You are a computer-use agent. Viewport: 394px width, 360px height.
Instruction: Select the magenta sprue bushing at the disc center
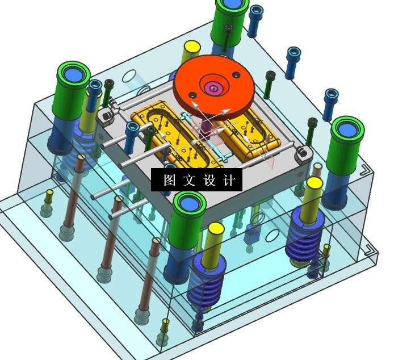pos(213,89)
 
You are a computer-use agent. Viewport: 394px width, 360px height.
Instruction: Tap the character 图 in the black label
pos(170,180)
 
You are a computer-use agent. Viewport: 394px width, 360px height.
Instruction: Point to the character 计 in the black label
pos(229,180)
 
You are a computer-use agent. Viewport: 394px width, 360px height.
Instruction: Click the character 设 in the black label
pos(209,180)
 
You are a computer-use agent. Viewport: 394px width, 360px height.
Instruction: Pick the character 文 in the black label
pos(189,180)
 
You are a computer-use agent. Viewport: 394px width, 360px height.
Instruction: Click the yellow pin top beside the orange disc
pos(192,47)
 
